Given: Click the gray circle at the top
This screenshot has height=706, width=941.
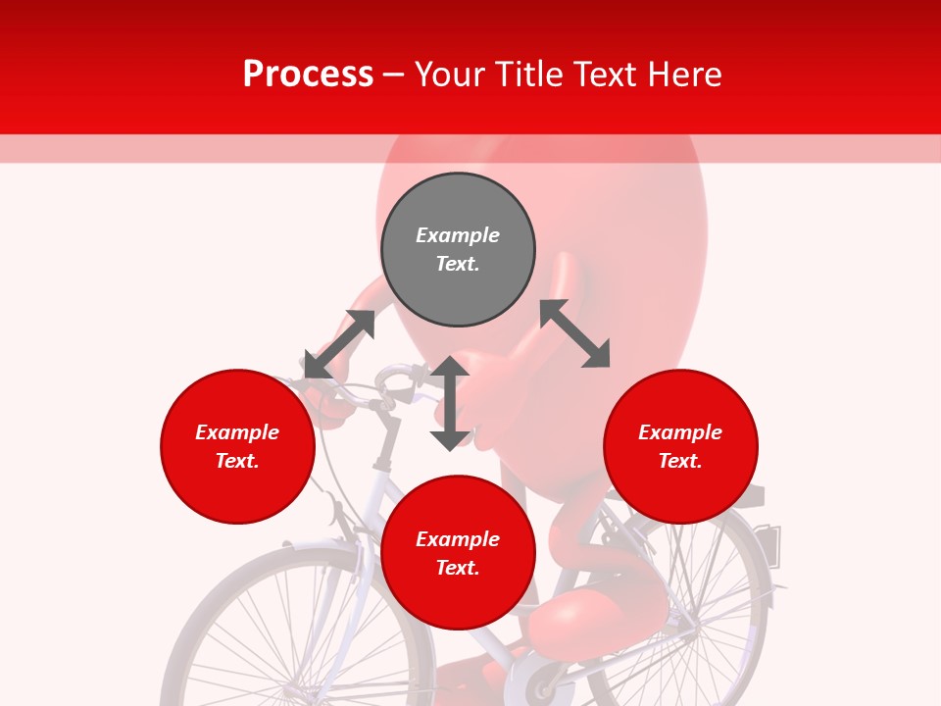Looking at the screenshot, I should point(458,250).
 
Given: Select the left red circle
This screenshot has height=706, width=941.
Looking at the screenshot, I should point(237,446).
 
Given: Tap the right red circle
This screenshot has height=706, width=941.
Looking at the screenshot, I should point(680,446).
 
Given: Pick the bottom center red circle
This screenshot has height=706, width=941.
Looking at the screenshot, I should point(458,553).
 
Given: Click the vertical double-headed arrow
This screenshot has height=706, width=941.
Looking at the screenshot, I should point(450,403).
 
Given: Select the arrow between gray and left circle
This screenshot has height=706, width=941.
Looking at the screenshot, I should point(339,344).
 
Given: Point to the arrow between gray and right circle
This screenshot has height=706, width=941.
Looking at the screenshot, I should point(575,333).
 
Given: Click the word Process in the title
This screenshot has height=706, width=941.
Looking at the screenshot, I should point(308,74).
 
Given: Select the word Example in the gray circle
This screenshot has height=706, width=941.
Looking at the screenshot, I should point(458,235).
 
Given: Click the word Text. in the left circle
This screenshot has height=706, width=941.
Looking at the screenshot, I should point(237,461).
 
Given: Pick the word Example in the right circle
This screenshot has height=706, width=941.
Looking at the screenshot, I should point(680,432).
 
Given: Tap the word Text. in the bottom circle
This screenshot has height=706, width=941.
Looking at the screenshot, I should point(458,568).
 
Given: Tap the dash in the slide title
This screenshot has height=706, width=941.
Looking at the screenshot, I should point(394,74).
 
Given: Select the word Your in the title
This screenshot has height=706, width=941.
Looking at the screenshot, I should point(450,74).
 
